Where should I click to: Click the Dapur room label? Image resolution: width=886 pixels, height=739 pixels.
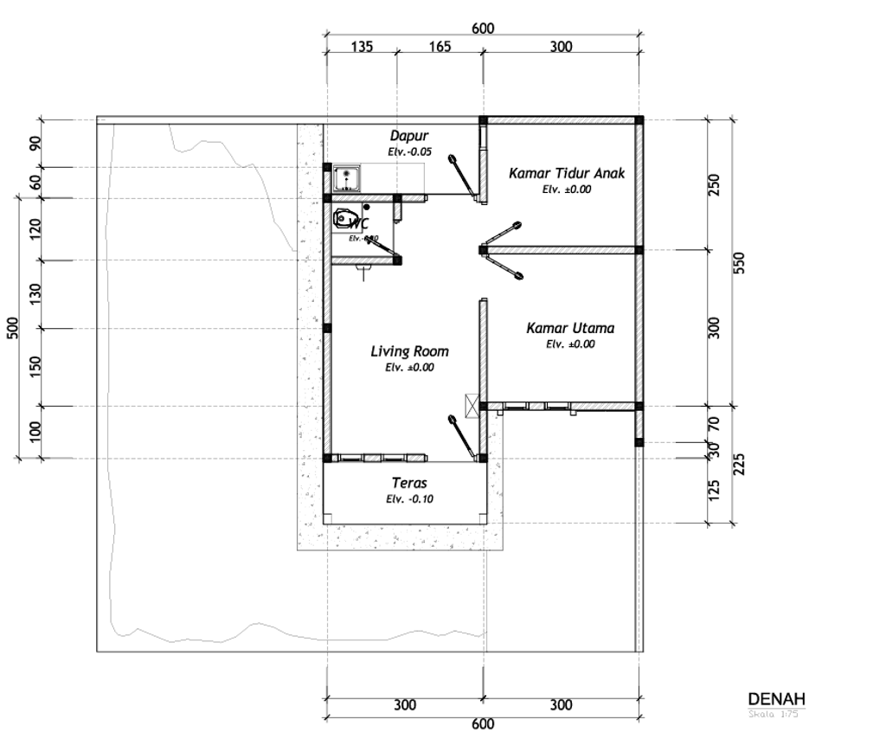(x=408, y=136)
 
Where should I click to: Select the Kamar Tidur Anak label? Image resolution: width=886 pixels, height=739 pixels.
(x=566, y=174)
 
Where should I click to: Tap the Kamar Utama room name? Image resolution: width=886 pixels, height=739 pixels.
(x=570, y=329)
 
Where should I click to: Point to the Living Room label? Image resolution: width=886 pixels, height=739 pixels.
(x=409, y=351)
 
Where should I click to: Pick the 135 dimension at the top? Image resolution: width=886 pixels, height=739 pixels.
(x=362, y=47)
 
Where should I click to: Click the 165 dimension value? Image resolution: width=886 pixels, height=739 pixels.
(x=440, y=47)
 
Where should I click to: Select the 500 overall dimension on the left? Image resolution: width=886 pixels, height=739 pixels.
(x=13, y=329)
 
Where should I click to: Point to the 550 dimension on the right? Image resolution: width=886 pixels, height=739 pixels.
(x=740, y=263)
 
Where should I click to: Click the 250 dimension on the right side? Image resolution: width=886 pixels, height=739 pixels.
(x=715, y=185)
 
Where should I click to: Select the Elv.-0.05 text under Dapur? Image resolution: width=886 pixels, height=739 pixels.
(x=408, y=151)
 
